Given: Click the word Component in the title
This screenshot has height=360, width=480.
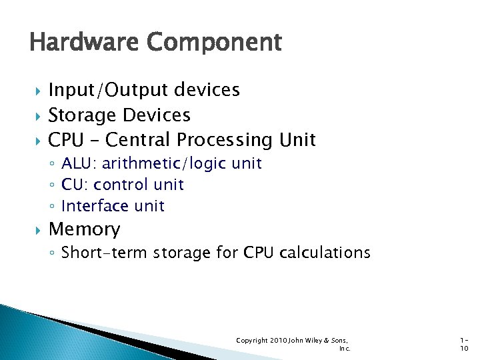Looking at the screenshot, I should pos(214,43).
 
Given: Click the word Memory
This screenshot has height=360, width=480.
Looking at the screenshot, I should pos(85,229).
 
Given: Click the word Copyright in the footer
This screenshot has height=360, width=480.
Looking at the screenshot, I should pos(252,341).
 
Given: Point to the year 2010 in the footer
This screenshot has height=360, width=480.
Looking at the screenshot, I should pos(278,341).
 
